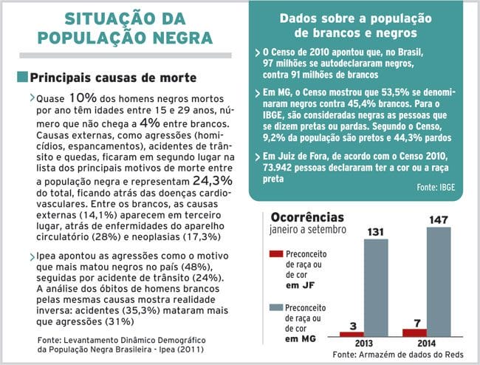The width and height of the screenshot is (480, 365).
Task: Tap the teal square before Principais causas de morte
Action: coord(21,77)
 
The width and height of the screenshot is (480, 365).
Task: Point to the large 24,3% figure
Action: coord(213,180)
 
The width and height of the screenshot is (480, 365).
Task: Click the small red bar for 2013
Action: coord(352,333)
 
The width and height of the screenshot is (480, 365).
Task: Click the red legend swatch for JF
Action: coord(276,255)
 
